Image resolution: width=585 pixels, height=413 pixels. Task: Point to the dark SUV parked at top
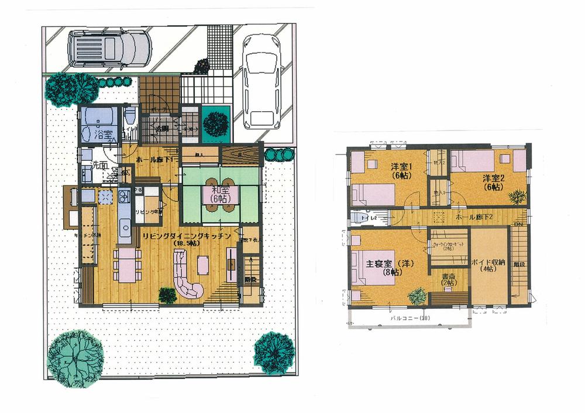(x=109, y=49)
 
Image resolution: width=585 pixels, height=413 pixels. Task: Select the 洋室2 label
(x=494, y=181)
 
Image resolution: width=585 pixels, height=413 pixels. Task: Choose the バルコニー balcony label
(x=409, y=318)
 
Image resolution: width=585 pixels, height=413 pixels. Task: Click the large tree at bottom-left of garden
(x=75, y=358)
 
